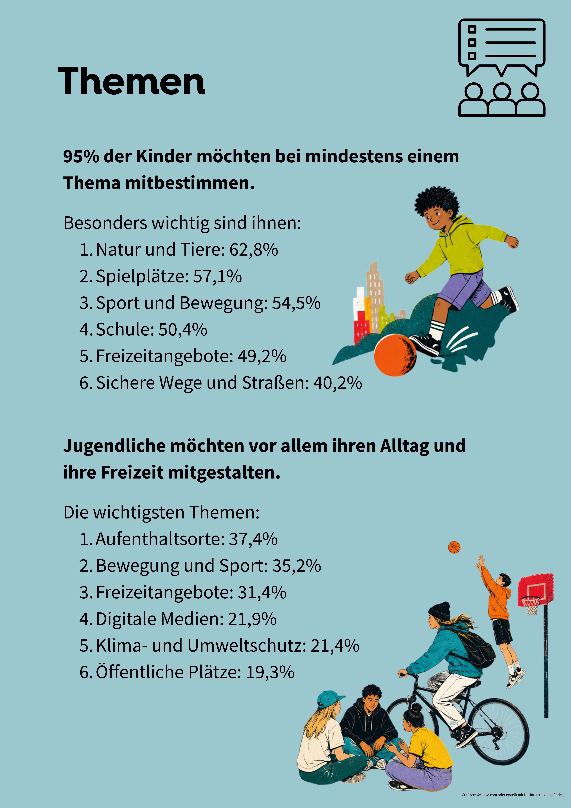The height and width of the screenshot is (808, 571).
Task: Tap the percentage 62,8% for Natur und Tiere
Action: tap(254, 250)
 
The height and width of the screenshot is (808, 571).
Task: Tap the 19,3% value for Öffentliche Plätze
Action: tap(270, 672)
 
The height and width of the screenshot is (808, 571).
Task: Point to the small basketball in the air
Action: tap(454, 547)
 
